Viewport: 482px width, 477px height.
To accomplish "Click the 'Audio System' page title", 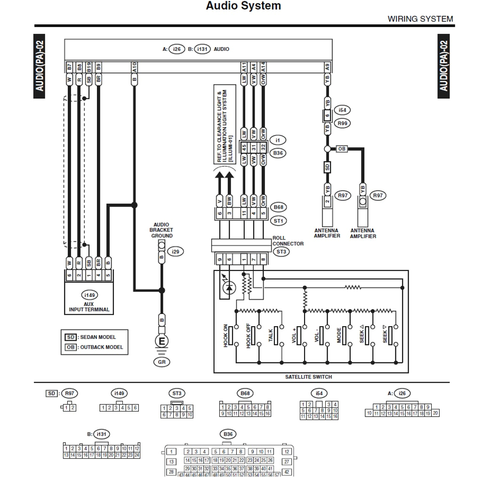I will coord(243,6).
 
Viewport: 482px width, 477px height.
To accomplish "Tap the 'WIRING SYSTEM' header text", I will coord(420,19).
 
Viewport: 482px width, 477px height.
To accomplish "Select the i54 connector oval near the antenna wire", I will coord(342,110).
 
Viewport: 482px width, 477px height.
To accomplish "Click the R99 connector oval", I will coord(342,123).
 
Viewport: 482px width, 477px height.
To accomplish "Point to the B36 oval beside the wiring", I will coord(278,153).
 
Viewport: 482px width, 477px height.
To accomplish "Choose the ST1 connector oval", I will coord(279,221).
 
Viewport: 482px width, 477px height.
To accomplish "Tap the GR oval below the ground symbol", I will coord(161,362).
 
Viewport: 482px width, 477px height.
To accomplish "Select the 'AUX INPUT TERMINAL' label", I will coord(88,307).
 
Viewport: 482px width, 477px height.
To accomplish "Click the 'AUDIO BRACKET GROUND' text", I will coord(161,230).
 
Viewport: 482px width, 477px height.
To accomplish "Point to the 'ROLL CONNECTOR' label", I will coord(288,241).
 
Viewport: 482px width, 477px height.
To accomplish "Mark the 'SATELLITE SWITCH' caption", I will coord(308,377).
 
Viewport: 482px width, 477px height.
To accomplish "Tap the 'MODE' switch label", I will coord(339,335).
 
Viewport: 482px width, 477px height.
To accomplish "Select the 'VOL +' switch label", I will coord(294,335).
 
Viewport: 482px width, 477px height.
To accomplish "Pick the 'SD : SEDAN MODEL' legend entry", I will coord(90,337).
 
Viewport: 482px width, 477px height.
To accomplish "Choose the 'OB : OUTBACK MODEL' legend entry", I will coord(94,347).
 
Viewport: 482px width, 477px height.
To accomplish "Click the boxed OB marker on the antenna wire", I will coord(342,149).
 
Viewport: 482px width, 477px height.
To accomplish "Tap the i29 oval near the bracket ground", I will coord(175,252).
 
